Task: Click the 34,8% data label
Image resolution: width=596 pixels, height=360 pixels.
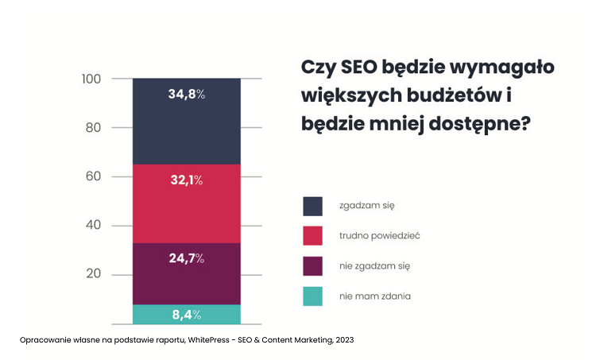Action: coord(186,94)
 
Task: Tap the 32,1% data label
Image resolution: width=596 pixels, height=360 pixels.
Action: coord(186,180)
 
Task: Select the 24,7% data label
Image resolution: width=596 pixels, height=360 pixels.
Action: coord(186,258)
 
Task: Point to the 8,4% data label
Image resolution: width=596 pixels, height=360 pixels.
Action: coord(186,315)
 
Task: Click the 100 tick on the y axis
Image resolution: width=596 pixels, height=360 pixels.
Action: coord(91,79)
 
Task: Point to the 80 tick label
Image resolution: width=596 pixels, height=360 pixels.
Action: coord(94,127)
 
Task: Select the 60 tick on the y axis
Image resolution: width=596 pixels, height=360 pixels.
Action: coord(94,176)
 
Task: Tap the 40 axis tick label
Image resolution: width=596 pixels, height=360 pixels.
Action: coord(94,226)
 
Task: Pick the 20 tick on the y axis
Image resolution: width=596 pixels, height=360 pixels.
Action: coord(94,274)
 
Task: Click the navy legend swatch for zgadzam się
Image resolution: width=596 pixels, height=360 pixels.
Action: coord(313,206)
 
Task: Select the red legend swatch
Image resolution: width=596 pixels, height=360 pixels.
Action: coord(313,235)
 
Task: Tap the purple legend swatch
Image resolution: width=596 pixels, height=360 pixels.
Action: coord(313,265)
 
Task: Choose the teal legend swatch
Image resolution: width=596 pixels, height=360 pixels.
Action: coord(313,296)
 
